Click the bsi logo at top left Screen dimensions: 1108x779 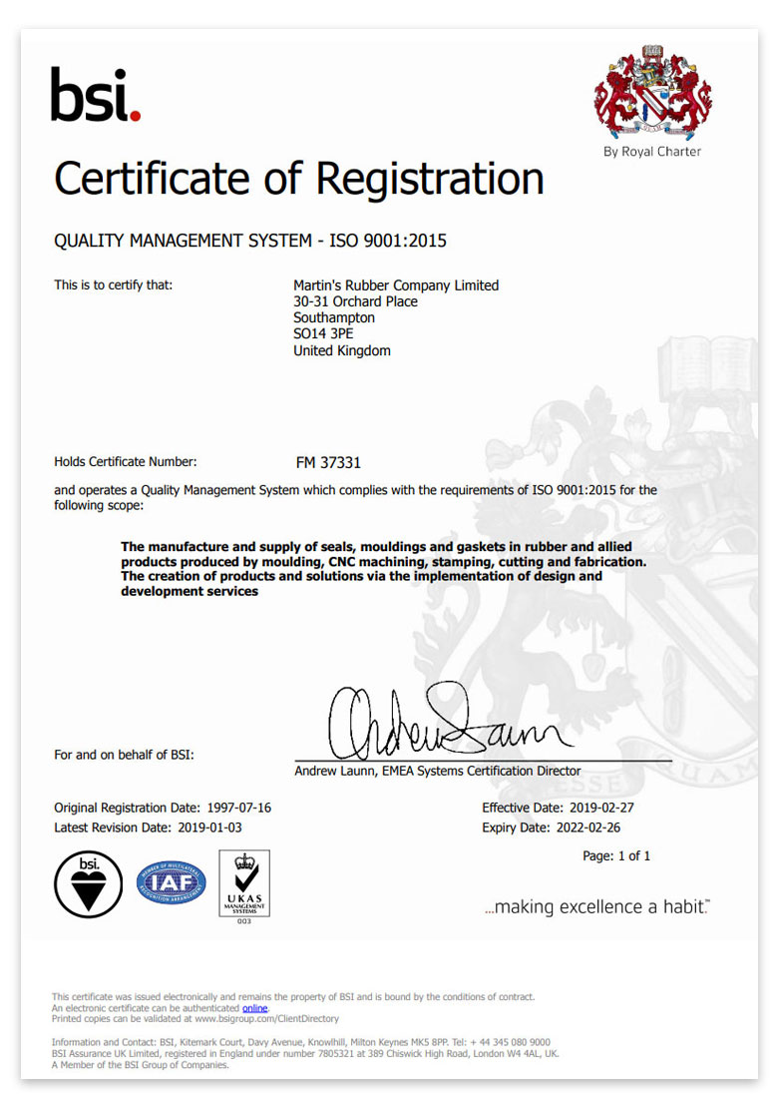96,96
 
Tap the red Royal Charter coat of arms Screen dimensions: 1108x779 652,91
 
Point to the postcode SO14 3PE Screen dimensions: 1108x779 323,334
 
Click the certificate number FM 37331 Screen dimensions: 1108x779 328,463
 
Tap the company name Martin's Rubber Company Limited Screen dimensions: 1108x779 396,285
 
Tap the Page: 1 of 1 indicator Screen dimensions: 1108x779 616,856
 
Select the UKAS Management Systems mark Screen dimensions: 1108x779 244,883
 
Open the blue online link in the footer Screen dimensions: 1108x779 255,1008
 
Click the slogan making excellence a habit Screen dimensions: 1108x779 597,907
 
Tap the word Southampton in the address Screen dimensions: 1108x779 334,318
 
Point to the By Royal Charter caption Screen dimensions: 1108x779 652,152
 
